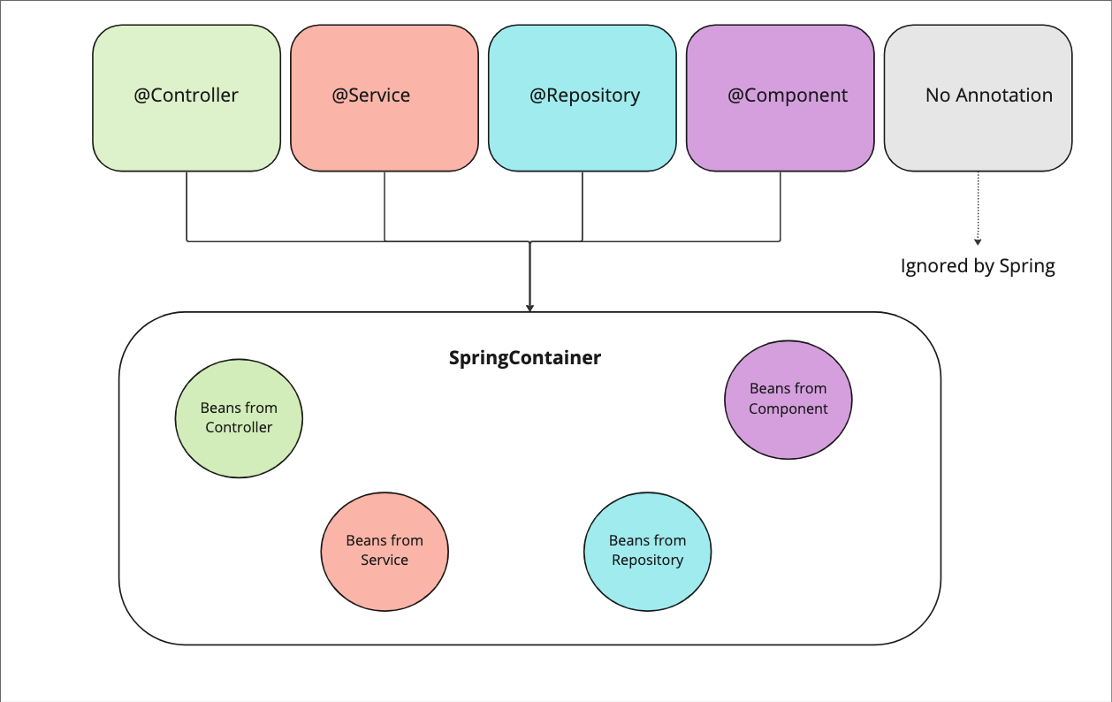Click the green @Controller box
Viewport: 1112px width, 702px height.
tap(187, 97)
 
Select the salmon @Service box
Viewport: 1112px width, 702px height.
tap(385, 97)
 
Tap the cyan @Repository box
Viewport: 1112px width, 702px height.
tap(583, 97)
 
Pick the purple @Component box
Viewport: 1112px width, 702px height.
tap(781, 97)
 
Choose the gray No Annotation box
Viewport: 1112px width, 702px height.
tap(979, 97)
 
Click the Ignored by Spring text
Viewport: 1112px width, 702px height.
tap(978, 266)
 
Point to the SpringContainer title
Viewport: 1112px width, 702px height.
tap(525, 358)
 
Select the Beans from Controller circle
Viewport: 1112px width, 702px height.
tap(239, 418)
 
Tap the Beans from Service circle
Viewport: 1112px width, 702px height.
tap(385, 551)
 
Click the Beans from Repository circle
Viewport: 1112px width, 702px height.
tap(647, 551)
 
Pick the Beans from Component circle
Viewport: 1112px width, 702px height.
tap(788, 399)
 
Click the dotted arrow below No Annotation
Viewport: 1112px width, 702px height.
tap(978, 208)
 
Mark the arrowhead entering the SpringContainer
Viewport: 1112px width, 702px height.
tap(529, 307)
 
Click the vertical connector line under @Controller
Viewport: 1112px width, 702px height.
tap(187, 205)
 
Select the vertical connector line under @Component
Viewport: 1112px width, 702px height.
tap(781, 205)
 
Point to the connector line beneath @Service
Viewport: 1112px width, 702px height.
tap(385, 205)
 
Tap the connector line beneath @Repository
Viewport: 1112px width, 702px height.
tap(583, 205)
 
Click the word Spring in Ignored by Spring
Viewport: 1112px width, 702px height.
tap(1027, 266)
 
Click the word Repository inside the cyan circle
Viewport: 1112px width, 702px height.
tap(647, 561)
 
